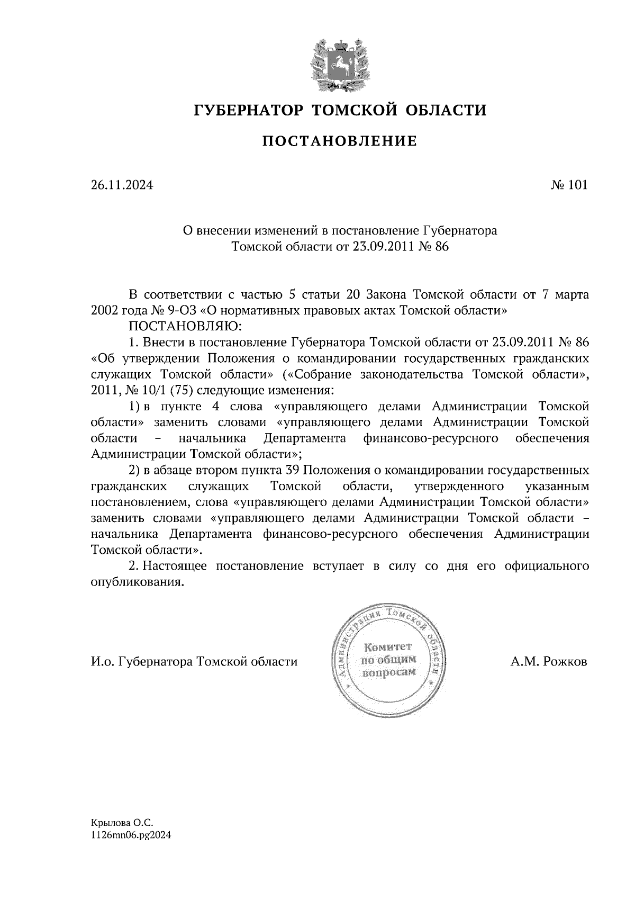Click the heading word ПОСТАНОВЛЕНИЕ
[339, 141]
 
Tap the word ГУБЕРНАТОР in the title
[248, 110]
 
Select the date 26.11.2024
[122, 185]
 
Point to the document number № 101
[569, 185]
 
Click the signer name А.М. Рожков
[549, 662]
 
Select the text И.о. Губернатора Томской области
[194, 662]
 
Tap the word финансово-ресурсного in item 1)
[431, 438]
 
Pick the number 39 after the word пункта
[293, 470]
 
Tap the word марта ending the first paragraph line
[569, 295]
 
